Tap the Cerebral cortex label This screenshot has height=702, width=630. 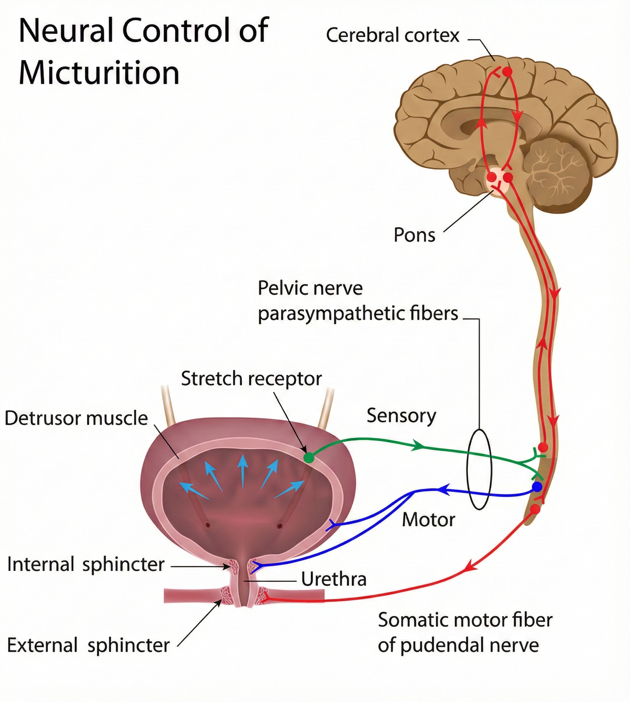point(392,35)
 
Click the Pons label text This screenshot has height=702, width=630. point(414,235)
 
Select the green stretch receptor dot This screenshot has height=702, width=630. point(309,458)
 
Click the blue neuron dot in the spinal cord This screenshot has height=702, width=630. point(537,487)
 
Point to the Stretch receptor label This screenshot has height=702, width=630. point(251,378)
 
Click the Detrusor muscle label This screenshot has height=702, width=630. point(76,418)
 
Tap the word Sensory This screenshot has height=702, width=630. point(401,416)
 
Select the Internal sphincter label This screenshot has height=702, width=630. point(86,564)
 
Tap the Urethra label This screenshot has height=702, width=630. point(334,579)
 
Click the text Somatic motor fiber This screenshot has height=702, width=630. point(465,620)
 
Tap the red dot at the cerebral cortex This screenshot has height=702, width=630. point(507,72)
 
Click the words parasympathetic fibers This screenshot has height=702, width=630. point(358,314)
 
